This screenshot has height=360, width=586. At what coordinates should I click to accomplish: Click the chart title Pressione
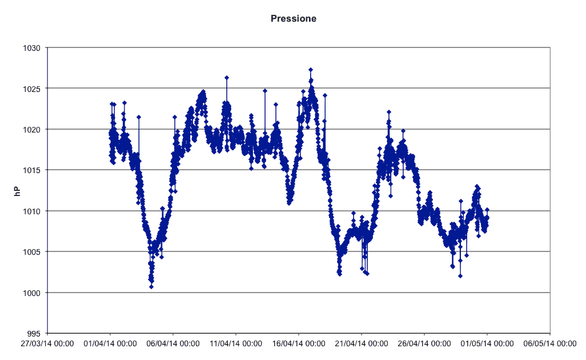294,19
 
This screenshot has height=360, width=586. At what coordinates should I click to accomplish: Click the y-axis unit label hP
17,191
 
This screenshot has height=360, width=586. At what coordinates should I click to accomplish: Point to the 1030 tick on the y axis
31,48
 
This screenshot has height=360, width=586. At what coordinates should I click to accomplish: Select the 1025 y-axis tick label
31,89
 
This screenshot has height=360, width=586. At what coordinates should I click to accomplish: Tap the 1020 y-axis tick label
31,130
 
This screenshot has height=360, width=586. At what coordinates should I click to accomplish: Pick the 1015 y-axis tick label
31,170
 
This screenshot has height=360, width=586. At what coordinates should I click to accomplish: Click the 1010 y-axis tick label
31,211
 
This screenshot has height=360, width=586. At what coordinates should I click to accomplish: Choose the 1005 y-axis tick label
31,253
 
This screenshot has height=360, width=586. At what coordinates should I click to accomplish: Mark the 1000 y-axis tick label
31,293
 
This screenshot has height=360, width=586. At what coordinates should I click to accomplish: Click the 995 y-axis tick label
34,334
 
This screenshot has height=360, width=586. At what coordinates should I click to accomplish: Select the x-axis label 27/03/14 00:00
47,343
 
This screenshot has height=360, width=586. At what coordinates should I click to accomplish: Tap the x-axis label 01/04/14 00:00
110,343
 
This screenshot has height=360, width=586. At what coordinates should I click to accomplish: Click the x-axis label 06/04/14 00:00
173,343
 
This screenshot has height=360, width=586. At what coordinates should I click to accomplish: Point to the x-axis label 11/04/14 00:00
236,343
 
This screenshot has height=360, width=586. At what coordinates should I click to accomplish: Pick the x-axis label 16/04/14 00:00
299,343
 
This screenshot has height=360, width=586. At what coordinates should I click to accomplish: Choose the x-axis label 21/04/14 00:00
362,343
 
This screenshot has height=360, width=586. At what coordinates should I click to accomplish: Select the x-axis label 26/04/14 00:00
424,343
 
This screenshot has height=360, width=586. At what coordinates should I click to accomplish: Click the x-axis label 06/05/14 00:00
550,343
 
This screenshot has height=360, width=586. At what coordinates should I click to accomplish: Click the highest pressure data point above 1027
311,70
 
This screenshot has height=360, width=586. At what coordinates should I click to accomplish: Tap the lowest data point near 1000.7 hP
151,287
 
